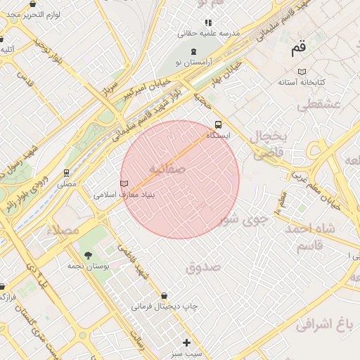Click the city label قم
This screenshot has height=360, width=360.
pyautogui.click(x=299, y=49)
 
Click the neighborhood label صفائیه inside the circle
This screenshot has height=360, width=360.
pyautogui.click(x=167, y=169)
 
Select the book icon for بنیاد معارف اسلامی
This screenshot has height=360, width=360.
pyautogui.click(x=125, y=184)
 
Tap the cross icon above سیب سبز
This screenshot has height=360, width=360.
pyautogui.click(x=186, y=342)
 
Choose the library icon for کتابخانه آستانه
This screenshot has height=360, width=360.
pyautogui.click(x=302, y=72)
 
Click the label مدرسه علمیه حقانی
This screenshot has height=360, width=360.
pyautogui.click(x=209, y=33)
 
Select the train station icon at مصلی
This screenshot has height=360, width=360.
pyautogui.click(x=67, y=172)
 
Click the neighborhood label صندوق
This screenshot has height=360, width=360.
pyautogui.click(x=203, y=267)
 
